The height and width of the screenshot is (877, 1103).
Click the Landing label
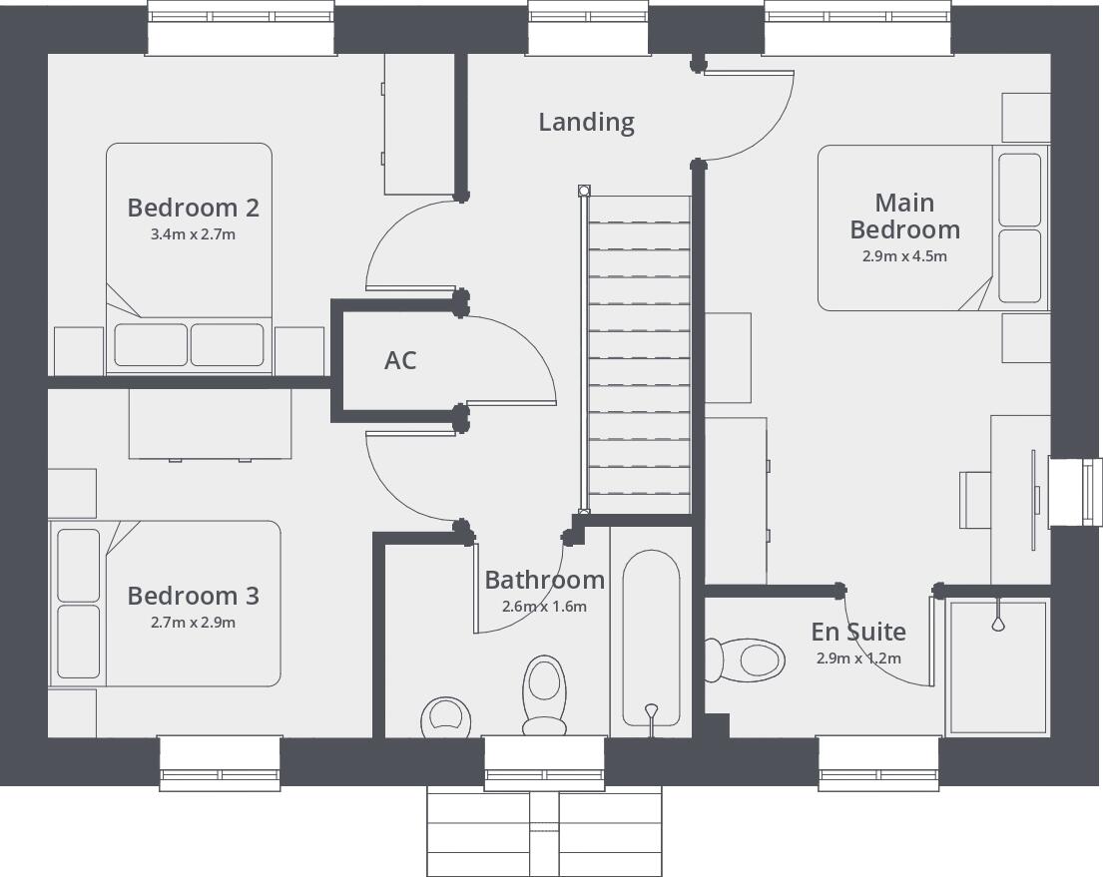coord(586,122)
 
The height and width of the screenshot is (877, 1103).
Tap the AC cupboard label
coord(400,360)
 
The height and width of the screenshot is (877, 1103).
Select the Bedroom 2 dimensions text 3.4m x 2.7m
coord(194,235)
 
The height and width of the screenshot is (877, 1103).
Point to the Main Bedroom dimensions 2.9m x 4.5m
coord(904,256)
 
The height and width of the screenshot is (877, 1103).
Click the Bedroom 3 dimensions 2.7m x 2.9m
coord(194,623)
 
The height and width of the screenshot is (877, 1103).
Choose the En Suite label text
coord(858,632)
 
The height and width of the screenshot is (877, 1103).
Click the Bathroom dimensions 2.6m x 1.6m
coord(544,607)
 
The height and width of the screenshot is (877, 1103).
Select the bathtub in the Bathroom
coord(651,639)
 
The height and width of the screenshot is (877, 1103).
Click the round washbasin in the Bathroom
coord(444,716)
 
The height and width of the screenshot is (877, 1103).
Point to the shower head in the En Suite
coord(997,622)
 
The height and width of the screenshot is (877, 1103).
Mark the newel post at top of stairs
coord(584,190)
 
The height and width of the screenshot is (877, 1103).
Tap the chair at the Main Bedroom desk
coord(974,498)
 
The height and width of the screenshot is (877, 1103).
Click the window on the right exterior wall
coord(1072,491)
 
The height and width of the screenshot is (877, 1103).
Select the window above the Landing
coord(588,27)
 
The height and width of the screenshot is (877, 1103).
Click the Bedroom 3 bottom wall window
coord(220,762)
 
